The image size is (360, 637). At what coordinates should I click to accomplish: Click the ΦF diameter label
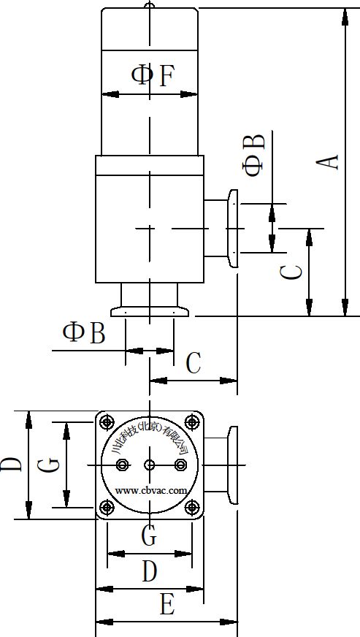click(153, 76)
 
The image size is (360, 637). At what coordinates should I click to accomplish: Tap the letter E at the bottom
click(167, 605)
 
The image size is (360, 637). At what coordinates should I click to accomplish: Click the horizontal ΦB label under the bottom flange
click(84, 332)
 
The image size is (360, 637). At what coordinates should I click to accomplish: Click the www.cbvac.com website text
click(151, 490)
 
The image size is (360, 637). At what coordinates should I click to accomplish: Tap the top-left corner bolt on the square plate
click(107, 422)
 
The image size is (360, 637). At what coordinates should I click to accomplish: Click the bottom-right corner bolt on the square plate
click(192, 507)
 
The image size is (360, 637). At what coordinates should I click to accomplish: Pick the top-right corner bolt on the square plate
click(192, 422)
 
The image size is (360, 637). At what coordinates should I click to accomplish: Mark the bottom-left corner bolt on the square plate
click(107, 507)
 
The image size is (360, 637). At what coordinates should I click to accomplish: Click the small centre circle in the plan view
click(150, 465)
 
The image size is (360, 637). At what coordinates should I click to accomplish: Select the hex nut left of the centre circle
click(122, 465)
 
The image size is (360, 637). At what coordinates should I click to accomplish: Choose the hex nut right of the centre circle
click(180, 465)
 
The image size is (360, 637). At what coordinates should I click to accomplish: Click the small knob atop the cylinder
click(150, 5)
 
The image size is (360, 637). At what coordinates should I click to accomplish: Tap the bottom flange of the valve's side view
click(150, 312)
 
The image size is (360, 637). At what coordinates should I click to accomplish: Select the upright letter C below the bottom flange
click(194, 363)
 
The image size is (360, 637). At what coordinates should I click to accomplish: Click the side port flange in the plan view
click(233, 465)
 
